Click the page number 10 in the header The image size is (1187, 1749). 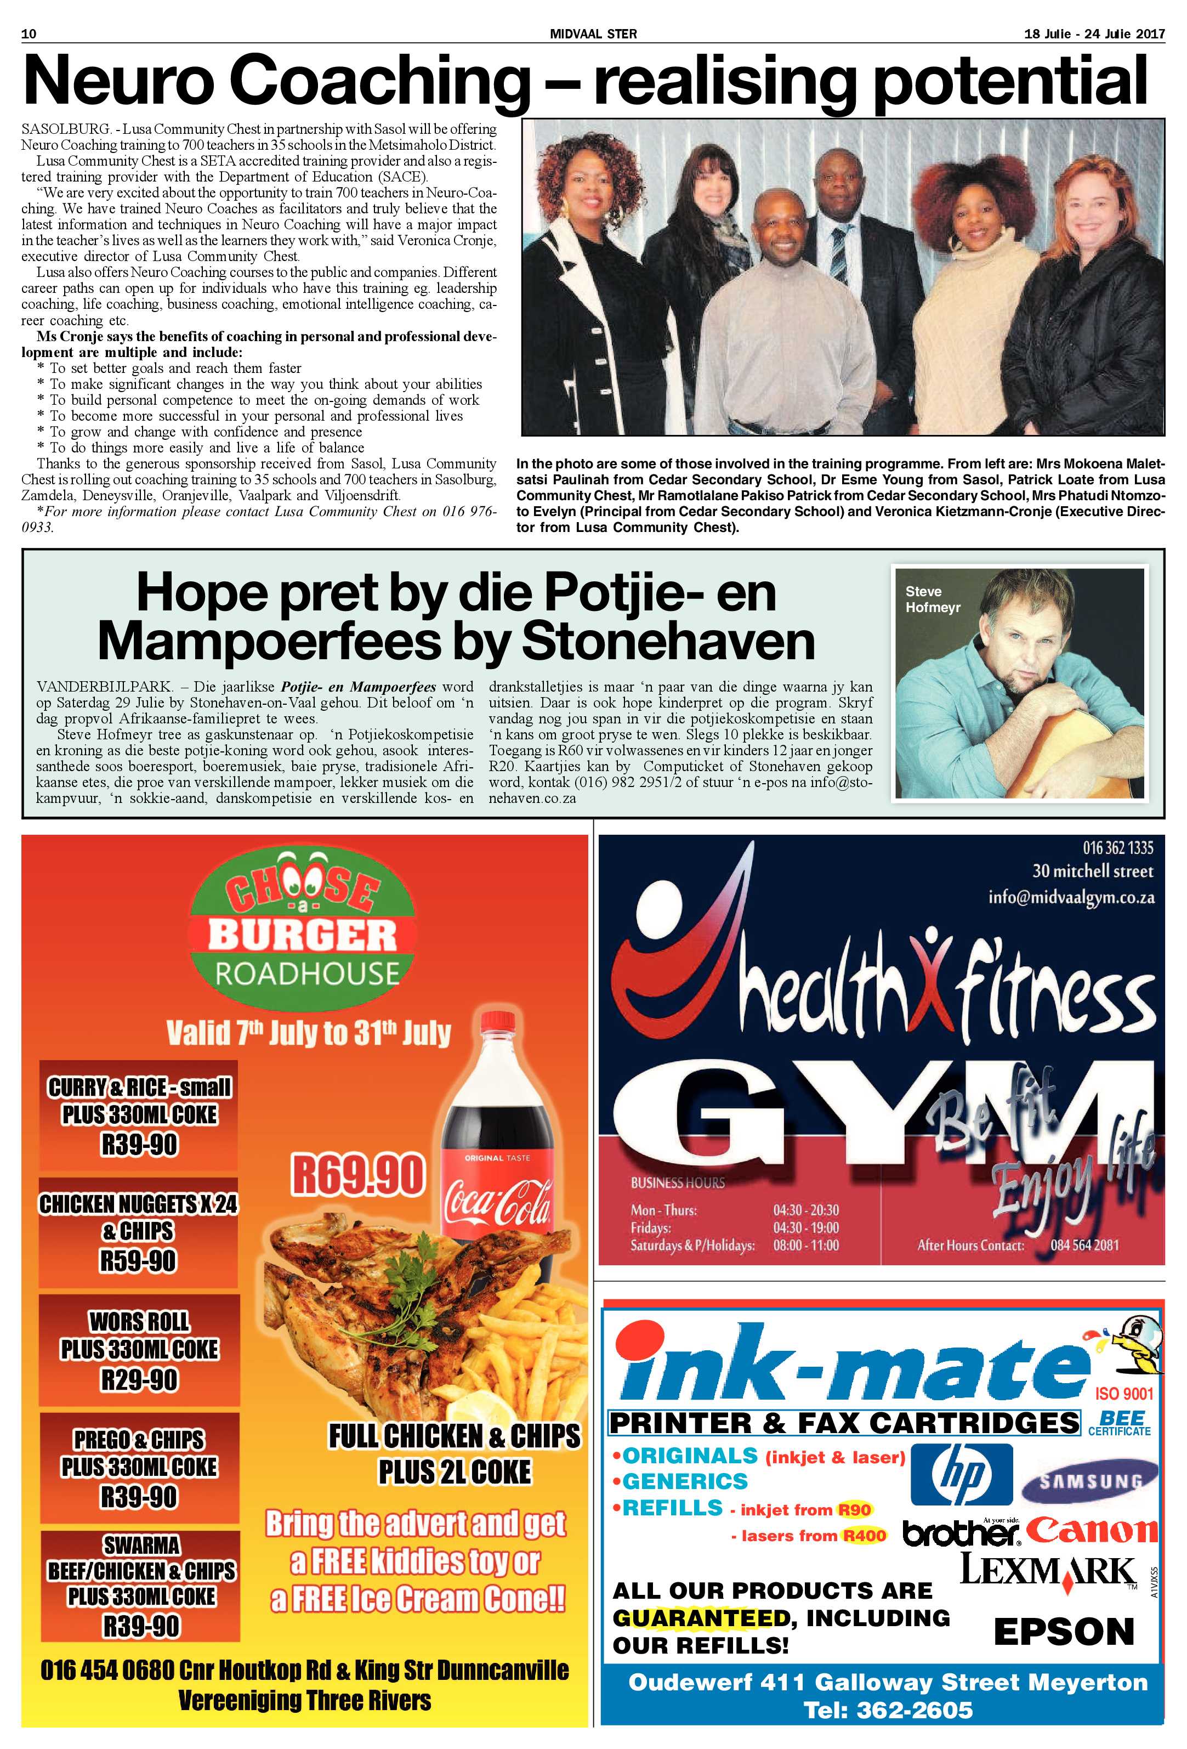(x=30, y=34)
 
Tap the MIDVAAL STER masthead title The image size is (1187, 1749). (x=593, y=34)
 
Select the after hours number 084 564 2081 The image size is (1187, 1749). (x=1084, y=1246)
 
